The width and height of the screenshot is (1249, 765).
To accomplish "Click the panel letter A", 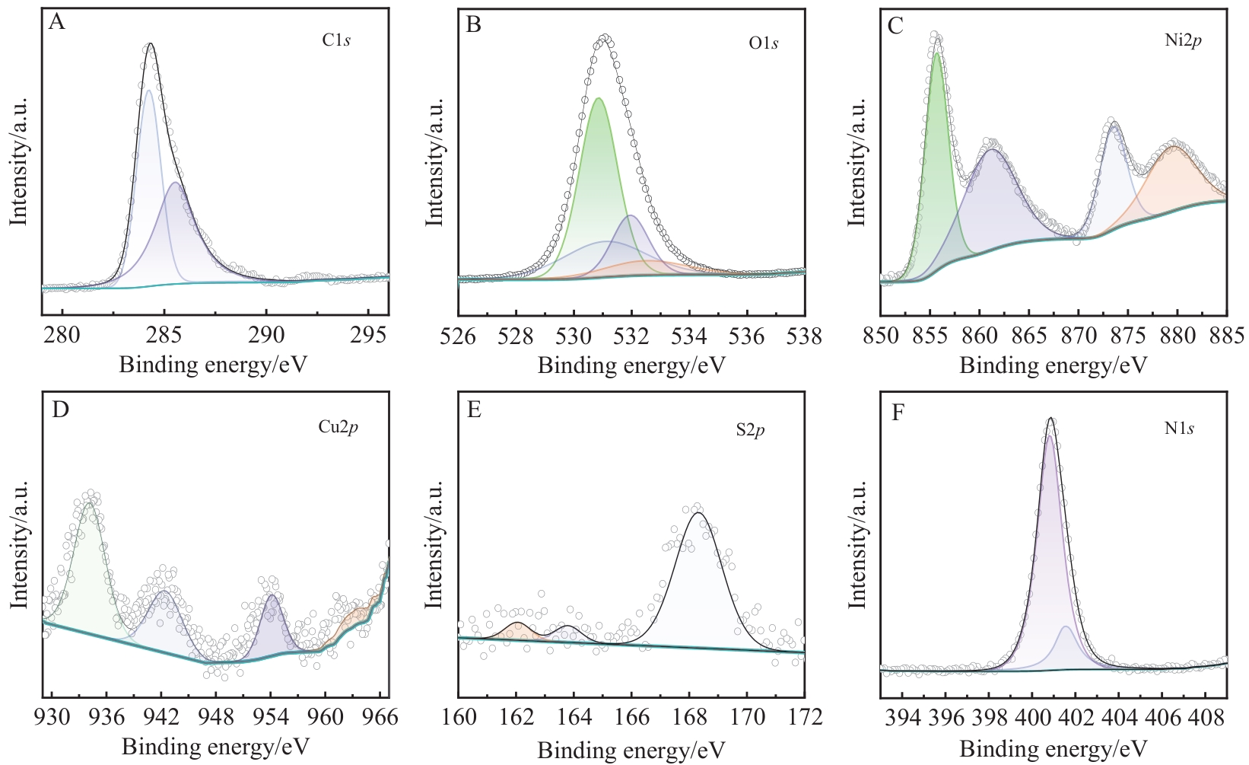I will (57, 23).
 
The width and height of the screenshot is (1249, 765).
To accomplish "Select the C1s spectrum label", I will (335, 40).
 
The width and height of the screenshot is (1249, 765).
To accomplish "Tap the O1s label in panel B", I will (763, 43).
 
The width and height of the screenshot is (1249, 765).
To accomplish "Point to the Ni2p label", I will (1183, 40).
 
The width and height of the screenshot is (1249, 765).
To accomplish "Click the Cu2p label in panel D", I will (338, 427).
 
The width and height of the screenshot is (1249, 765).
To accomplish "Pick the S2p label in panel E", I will (750, 431).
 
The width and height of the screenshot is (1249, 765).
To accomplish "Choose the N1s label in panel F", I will (1179, 429).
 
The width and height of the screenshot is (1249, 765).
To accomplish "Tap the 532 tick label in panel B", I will (631, 336).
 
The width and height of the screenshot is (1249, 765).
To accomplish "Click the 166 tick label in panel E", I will (631, 717).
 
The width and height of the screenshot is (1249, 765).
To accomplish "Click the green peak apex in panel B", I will (599, 98).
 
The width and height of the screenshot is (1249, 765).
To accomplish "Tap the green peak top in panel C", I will (937, 53).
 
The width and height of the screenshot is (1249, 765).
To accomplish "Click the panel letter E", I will (475, 411).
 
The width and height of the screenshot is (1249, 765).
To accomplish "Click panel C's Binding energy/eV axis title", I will (1053, 366).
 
